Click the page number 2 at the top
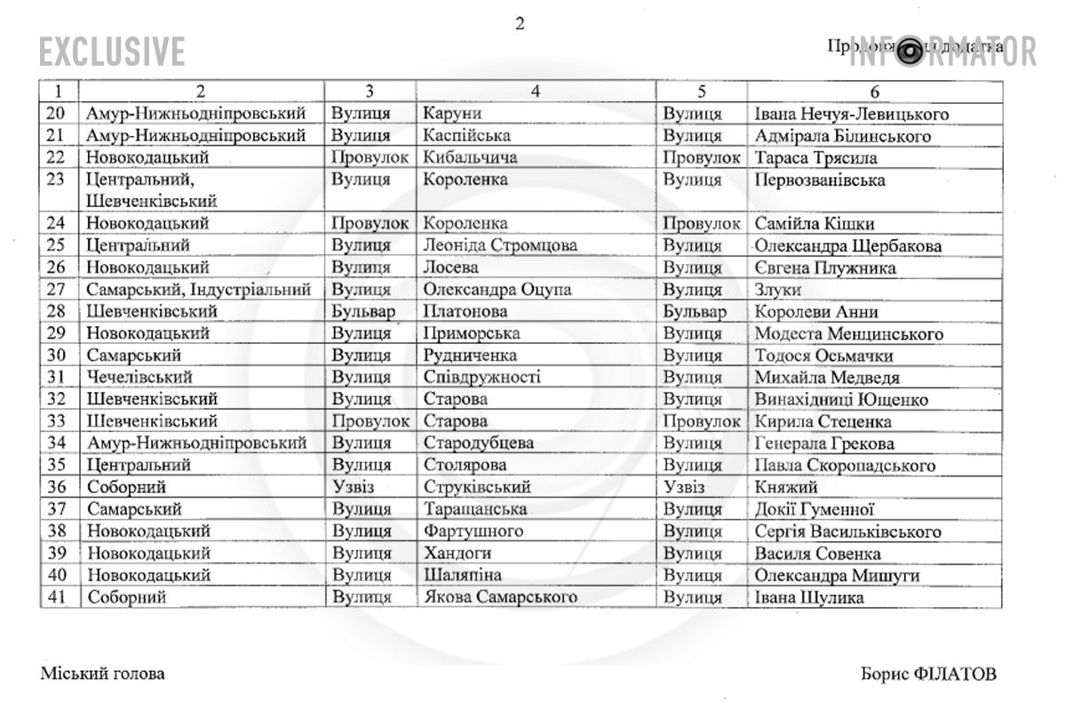(x=520, y=24)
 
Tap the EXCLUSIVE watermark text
(x=112, y=52)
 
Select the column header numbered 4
(x=536, y=92)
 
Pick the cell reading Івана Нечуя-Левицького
(x=851, y=115)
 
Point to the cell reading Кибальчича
(x=470, y=158)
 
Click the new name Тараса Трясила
(x=815, y=158)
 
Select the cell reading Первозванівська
(x=819, y=180)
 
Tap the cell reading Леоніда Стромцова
(x=500, y=246)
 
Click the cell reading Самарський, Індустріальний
(x=198, y=290)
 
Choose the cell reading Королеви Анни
(x=816, y=312)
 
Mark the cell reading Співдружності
(x=481, y=378)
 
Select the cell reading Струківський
(x=477, y=488)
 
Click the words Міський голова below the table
(x=102, y=674)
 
